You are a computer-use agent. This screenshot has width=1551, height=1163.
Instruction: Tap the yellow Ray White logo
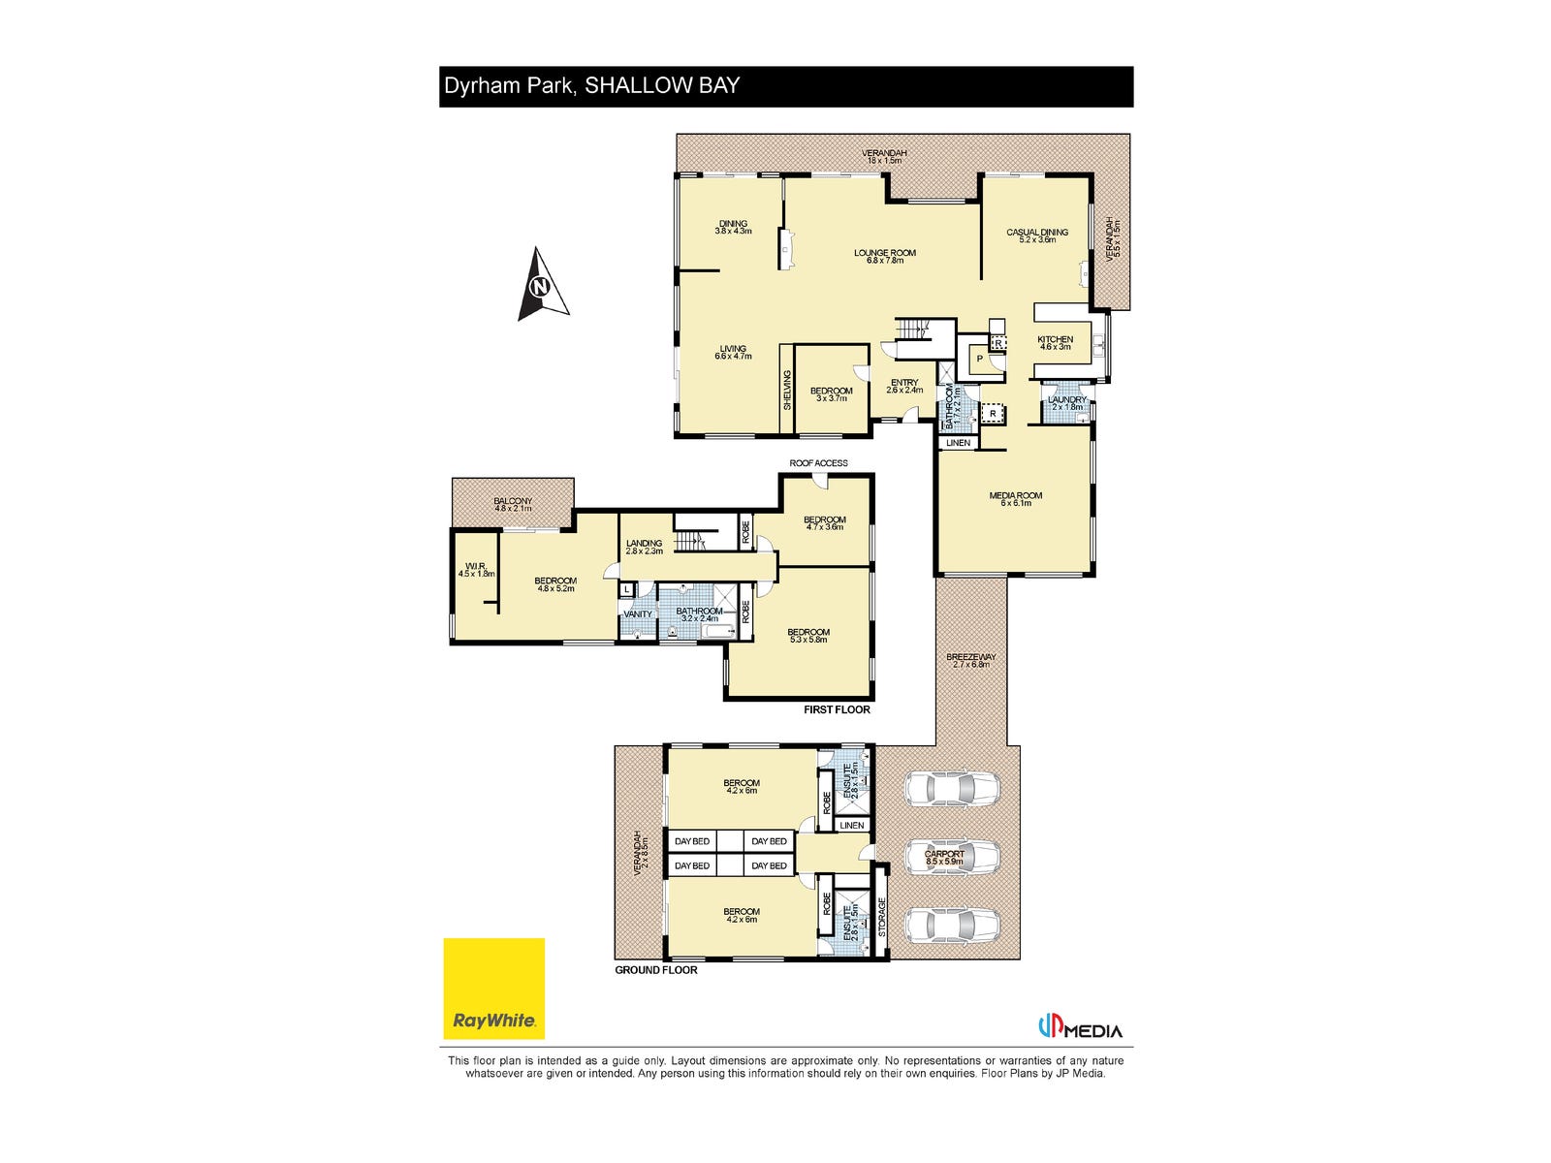tap(494, 989)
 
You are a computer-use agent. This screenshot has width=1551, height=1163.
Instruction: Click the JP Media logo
tap(1080, 1029)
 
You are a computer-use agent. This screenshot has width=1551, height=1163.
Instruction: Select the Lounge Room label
tap(884, 256)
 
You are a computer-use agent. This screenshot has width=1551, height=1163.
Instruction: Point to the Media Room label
tap(1016, 498)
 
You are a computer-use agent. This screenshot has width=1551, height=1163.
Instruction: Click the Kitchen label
tap(1056, 342)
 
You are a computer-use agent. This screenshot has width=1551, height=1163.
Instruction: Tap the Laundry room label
tap(1067, 402)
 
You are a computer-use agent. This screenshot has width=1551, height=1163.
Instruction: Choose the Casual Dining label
tap(1037, 235)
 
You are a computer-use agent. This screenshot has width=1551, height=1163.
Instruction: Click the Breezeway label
tap(971, 660)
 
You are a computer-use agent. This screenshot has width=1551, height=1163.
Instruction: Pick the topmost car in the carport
tap(952, 788)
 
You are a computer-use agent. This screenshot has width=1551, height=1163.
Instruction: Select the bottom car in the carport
tap(952, 925)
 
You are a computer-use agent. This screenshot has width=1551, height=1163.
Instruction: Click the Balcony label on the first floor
tap(513, 504)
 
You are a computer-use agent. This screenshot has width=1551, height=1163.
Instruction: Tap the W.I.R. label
tap(476, 569)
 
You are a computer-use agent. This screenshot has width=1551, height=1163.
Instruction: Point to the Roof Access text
tap(818, 463)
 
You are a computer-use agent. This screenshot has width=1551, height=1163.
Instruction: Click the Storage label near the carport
tap(882, 916)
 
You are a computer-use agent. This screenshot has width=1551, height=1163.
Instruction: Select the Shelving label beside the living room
tap(787, 390)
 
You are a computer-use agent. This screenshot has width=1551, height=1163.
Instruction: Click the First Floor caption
tap(837, 709)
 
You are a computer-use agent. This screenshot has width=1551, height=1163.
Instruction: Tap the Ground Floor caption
tap(656, 970)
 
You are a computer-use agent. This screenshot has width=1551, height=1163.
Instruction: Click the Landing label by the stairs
tap(644, 547)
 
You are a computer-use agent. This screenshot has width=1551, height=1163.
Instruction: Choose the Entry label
tap(904, 386)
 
